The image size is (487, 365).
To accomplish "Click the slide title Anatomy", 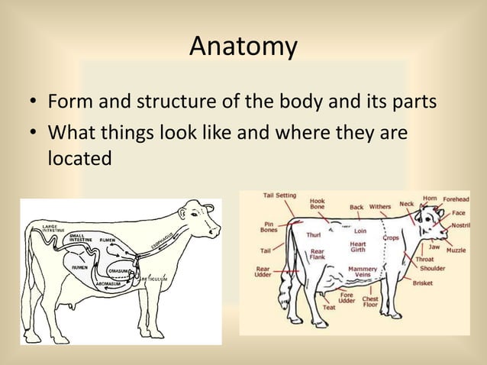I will (x=243, y=47).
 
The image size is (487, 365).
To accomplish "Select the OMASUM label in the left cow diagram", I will (x=118, y=270).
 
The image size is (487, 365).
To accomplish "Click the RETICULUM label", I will (x=159, y=279).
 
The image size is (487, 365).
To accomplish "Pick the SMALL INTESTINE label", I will (x=81, y=237).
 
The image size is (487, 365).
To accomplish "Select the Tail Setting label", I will (x=280, y=195).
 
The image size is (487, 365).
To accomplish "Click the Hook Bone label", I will (x=317, y=204).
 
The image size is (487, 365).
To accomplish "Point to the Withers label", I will (x=380, y=206).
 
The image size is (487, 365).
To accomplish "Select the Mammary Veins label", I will (x=362, y=273).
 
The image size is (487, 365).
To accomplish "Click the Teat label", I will (x=329, y=307).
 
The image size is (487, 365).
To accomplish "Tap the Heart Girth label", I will (x=357, y=247).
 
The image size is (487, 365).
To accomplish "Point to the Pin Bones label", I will (x=269, y=227).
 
